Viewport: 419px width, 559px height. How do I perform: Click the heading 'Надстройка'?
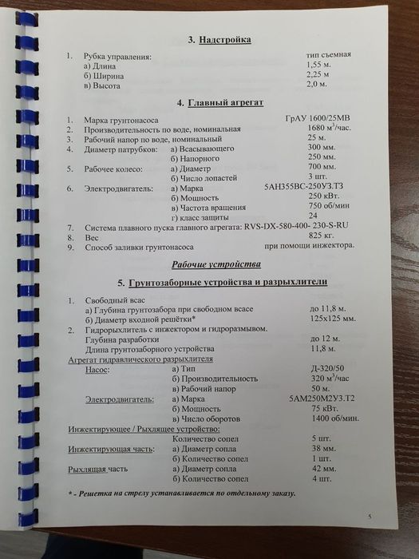[x=218, y=39]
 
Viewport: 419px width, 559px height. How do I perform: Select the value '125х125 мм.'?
[x=333, y=320]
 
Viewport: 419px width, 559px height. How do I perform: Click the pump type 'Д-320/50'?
[x=328, y=368]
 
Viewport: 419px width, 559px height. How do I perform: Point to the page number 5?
[x=370, y=517]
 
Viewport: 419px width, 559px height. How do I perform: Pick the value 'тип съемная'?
[x=328, y=54]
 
